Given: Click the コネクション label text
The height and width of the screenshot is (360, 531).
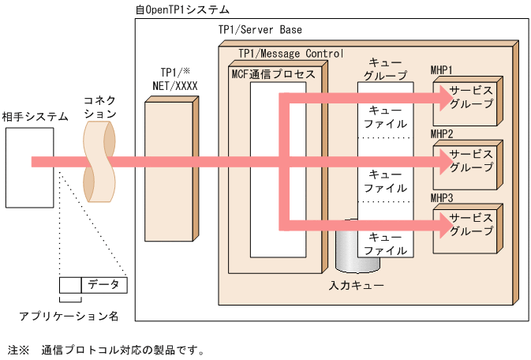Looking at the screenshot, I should (100, 107).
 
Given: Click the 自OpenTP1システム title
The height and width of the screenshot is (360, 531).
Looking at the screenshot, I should (182, 9).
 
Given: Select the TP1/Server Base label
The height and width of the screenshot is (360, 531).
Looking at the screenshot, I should (260, 30).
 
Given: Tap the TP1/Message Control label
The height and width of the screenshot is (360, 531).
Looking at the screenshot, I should (290, 53).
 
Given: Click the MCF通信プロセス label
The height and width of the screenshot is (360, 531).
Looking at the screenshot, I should (273, 73).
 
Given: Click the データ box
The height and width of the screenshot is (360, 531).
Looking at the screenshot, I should (103, 284).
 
